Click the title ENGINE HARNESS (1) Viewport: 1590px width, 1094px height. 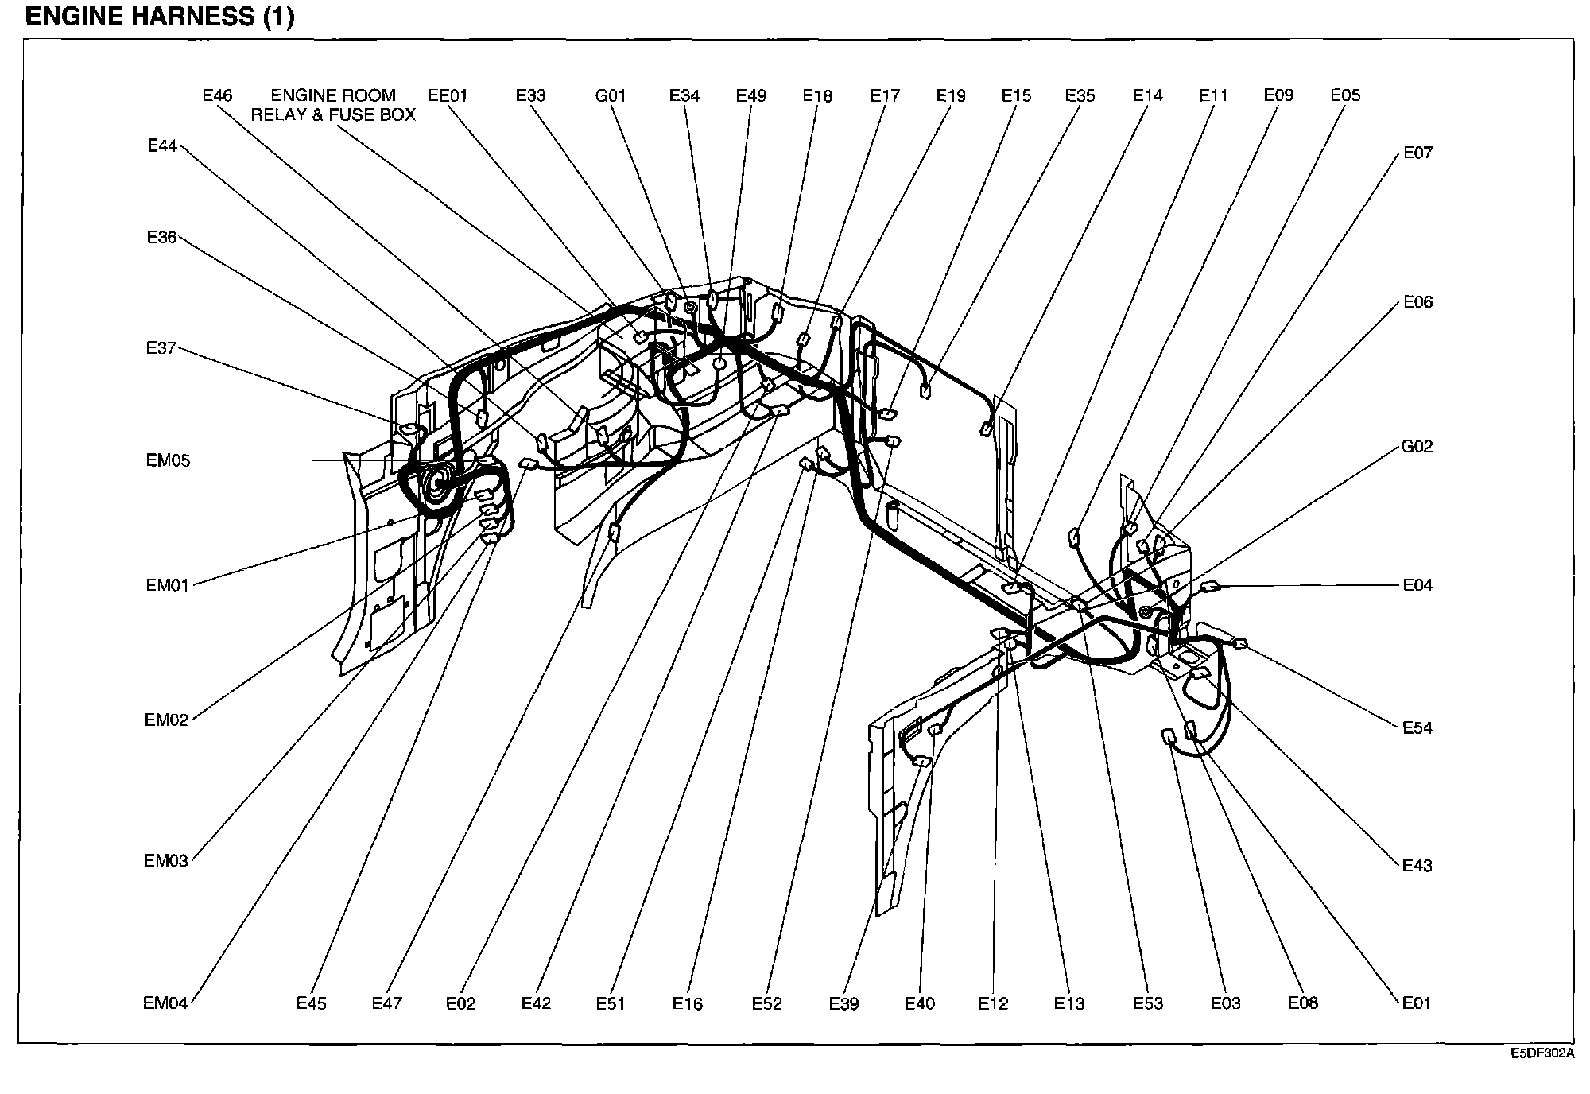[x=160, y=17]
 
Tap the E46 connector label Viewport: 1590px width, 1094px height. [x=217, y=95]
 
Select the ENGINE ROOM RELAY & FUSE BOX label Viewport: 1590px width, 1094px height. [x=333, y=105]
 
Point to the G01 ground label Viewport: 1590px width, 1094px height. [x=611, y=96]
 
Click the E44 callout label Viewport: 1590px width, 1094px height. [x=162, y=145]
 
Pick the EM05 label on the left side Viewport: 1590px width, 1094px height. [x=168, y=461]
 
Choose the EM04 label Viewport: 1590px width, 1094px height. [x=165, y=1003]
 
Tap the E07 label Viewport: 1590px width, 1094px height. [x=1417, y=153]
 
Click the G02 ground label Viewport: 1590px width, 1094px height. [x=1417, y=447]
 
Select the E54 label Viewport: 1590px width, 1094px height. [x=1417, y=727]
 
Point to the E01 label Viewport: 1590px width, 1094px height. [x=1416, y=1003]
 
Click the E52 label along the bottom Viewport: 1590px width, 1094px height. [x=767, y=1004]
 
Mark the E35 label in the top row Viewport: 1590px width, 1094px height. [x=1080, y=96]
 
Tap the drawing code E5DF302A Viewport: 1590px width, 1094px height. [x=1542, y=1053]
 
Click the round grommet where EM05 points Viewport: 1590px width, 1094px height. [x=436, y=481]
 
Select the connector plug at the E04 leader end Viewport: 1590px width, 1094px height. [x=1209, y=587]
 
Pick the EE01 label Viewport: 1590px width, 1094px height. [x=448, y=96]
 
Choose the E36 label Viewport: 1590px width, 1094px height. [x=161, y=237]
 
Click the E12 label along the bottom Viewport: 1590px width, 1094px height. [x=993, y=1004]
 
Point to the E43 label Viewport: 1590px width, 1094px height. [x=1417, y=865]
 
